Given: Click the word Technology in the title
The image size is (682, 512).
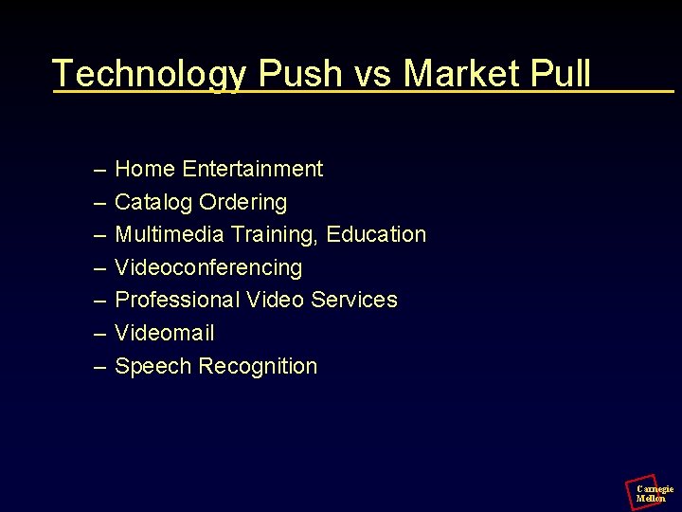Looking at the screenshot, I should coord(150,74).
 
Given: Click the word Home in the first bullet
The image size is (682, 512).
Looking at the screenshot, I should coord(145,170).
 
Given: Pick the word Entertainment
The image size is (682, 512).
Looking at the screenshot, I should coord(253,170).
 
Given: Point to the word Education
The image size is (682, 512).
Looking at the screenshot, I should coord(376,234).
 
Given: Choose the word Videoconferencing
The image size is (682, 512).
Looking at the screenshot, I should coord(208,268).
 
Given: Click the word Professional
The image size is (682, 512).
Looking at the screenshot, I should coord(177,301).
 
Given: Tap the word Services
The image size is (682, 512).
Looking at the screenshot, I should coord(354,301).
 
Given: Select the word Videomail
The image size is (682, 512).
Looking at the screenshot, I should coord(165,334).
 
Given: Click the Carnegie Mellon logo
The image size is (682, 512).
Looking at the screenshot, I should coord(649,492).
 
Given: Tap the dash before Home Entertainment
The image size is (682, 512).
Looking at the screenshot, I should coord(100,171).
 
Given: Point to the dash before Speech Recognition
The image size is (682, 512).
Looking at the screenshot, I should coord(100,367).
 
